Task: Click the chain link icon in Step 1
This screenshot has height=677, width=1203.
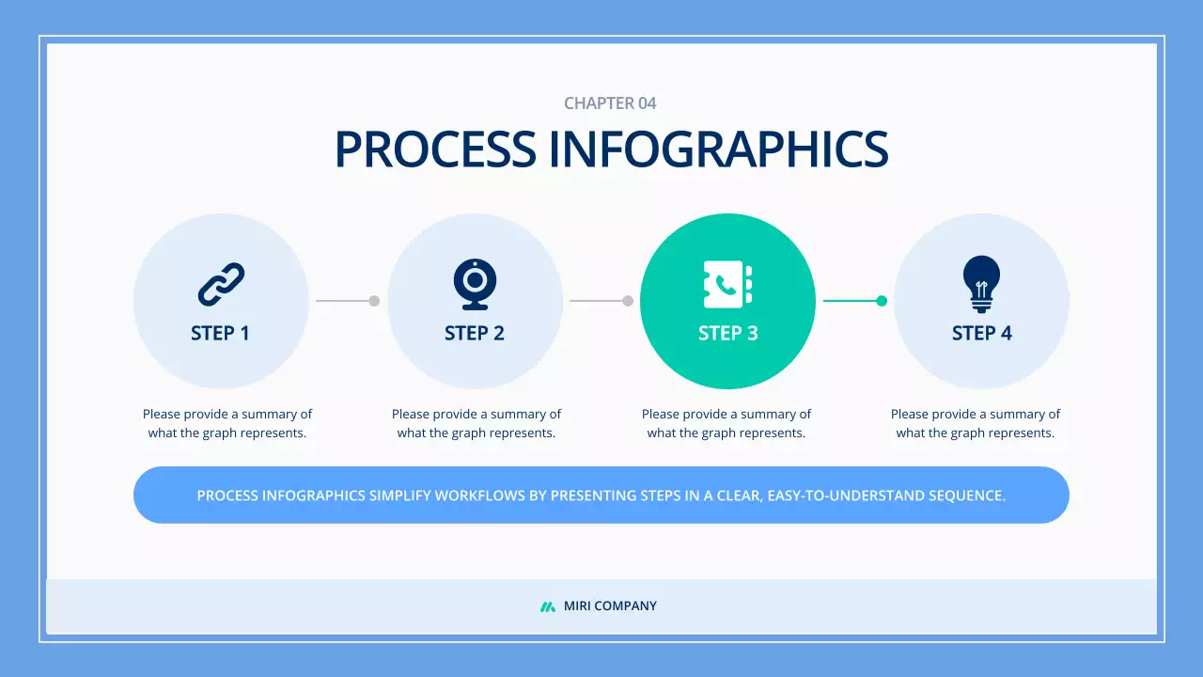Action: pyautogui.click(x=221, y=284)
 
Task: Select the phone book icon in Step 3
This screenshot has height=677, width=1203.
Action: pyautogui.click(x=728, y=284)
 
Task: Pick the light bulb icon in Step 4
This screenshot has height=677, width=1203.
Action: pyautogui.click(x=981, y=283)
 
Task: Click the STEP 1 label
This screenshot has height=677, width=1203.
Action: pyautogui.click(x=220, y=333)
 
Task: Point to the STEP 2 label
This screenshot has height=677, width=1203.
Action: pyautogui.click(x=475, y=333)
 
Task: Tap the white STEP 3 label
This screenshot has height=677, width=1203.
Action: pyautogui.click(x=728, y=333)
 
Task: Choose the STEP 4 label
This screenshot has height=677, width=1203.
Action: pyautogui.click(x=981, y=333)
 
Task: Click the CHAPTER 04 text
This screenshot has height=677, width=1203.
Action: pyautogui.click(x=610, y=103)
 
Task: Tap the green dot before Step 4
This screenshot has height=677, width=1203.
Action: pyautogui.click(x=882, y=301)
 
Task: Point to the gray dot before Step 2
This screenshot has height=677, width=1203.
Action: pyautogui.click(x=374, y=301)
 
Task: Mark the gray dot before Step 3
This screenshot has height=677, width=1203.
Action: pyautogui.click(x=628, y=301)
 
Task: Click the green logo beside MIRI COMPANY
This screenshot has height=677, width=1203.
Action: pyautogui.click(x=548, y=606)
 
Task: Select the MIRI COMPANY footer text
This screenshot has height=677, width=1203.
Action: pyautogui.click(x=610, y=606)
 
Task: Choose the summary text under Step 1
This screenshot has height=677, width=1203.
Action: pyautogui.click(x=227, y=423)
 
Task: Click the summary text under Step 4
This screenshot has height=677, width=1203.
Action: pyautogui.click(x=976, y=423)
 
